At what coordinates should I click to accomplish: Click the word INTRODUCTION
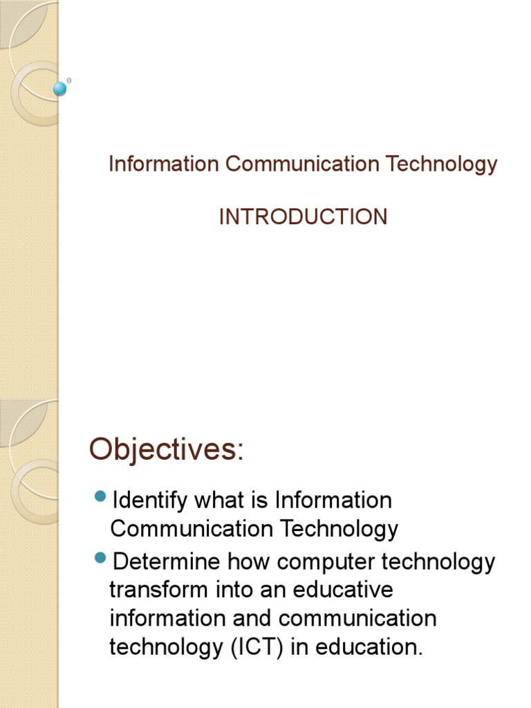[x=303, y=217]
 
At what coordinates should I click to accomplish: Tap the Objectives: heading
[x=166, y=450]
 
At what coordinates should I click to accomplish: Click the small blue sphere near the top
[x=61, y=88]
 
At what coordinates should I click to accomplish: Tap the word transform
[x=158, y=590]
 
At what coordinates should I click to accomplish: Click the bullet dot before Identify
[x=100, y=496]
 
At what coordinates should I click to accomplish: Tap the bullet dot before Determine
[x=100, y=557]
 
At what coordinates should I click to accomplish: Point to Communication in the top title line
[x=302, y=165]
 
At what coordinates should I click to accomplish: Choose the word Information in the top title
[x=164, y=165]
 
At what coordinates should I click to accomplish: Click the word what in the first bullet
[x=222, y=500]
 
